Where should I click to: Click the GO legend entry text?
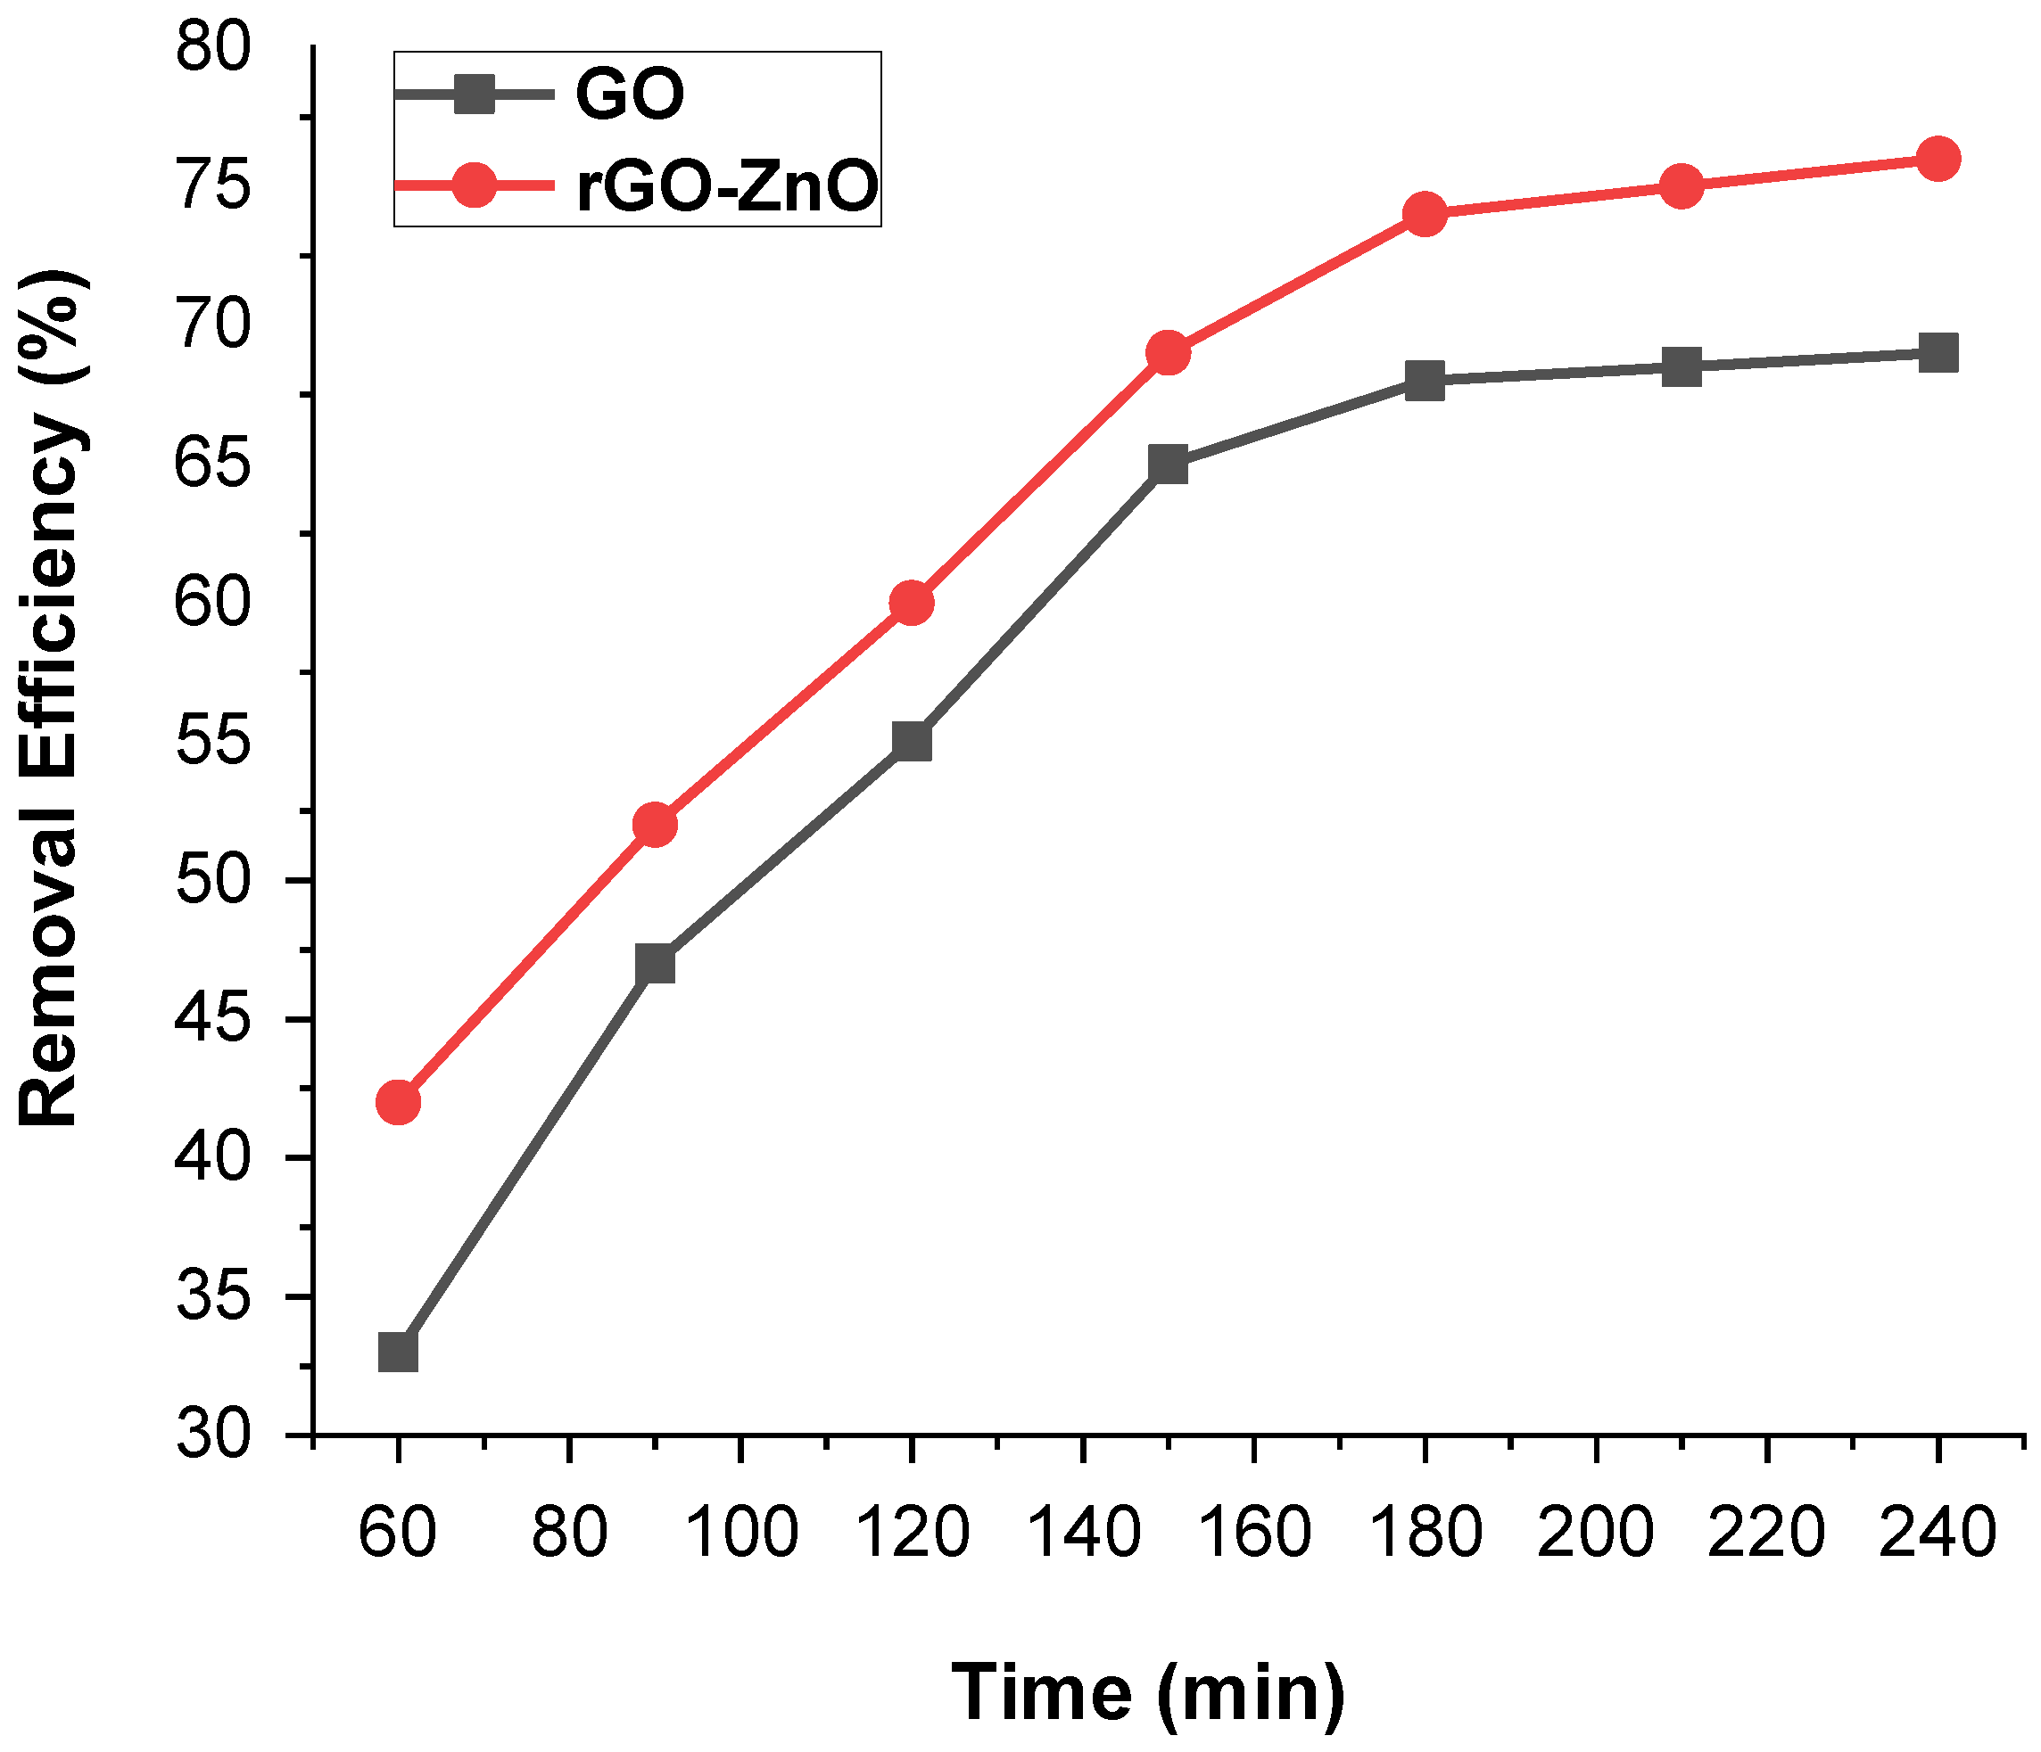click(x=630, y=95)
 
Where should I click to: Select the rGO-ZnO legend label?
click(x=727, y=187)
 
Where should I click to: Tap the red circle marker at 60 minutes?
click(x=398, y=1101)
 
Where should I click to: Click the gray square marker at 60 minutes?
click(x=398, y=1353)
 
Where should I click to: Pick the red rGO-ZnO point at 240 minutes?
click(x=1938, y=159)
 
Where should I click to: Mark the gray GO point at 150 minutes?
click(x=1168, y=464)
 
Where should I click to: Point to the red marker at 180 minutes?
click(x=1425, y=214)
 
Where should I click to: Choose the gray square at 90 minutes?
click(x=655, y=963)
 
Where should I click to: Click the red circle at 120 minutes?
click(x=911, y=602)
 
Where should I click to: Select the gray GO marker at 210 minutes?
click(x=1682, y=366)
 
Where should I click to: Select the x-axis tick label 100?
click(x=740, y=1534)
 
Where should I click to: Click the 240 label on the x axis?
click(x=1937, y=1534)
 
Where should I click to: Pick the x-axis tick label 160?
click(x=1253, y=1534)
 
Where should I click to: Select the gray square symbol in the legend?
click(x=474, y=94)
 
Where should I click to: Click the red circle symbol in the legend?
click(x=474, y=185)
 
